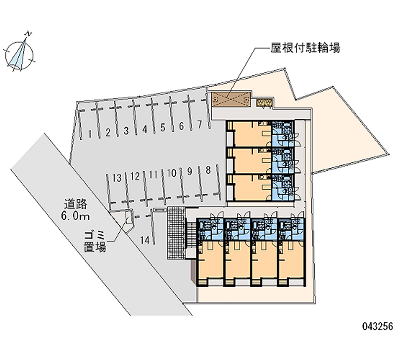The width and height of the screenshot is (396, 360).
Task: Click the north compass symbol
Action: tap(19, 53)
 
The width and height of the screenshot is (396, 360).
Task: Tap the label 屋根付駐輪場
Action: tap(305, 48)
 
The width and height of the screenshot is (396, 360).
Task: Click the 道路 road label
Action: tap(75, 204)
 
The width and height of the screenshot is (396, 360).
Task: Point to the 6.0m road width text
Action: tap(75, 216)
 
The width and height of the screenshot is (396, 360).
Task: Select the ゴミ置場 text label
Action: tap(95, 242)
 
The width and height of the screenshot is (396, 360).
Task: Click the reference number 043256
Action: tap(378, 326)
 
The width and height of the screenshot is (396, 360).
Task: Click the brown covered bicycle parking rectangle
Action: tap(231, 99)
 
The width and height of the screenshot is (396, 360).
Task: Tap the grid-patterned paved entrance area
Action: tap(176, 232)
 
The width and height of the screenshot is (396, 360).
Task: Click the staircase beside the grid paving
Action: tap(191, 232)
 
